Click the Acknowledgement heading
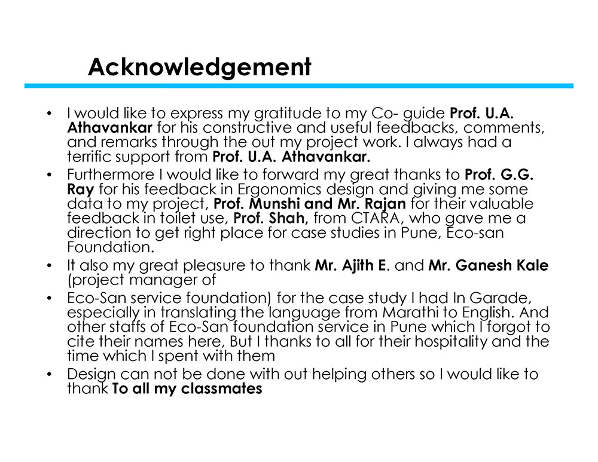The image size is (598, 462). (x=199, y=66)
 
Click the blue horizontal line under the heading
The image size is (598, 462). (x=298, y=86)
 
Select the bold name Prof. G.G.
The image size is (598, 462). (x=499, y=175)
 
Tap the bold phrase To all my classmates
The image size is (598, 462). (x=187, y=389)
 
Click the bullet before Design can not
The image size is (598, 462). (x=51, y=375)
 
